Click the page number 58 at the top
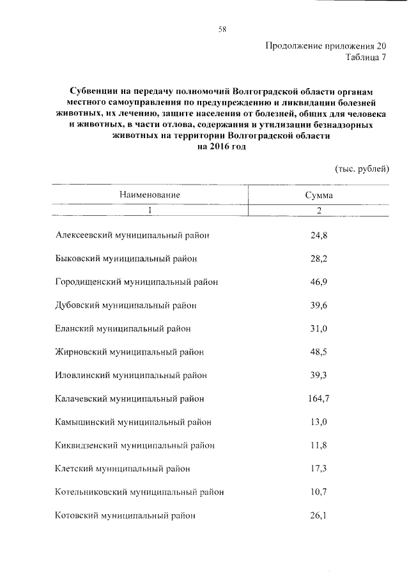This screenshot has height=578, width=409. pos(222,29)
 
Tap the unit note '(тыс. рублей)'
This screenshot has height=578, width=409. pos(362,169)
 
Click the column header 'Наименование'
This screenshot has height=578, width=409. pos(149,195)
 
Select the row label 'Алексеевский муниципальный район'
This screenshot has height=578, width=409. pos(133,235)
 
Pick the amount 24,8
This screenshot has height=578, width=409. pos(318,235)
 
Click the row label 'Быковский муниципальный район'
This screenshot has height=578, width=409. pos(126,259)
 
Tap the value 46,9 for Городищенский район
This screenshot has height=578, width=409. pos(318,282)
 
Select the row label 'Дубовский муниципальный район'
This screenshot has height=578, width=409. pos(126,305)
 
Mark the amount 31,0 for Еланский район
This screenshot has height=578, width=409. pos(318,328)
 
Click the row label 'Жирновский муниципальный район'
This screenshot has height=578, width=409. pos(130,352)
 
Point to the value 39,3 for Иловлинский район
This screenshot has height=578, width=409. pos(318,375)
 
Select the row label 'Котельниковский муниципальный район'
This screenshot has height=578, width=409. pos(139,492)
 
